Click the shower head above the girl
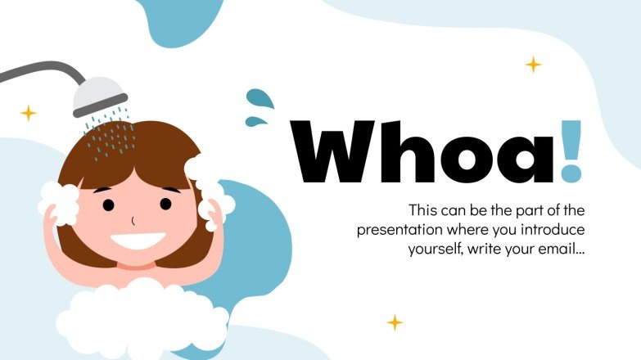[x=100, y=97]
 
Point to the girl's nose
[x=133, y=221]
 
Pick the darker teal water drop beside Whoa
[x=261, y=100]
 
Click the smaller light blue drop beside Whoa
[x=257, y=123]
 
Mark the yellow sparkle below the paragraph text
[x=395, y=322]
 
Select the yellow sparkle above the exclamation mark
[x=534, y=64]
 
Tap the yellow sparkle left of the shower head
[x=29, y=113]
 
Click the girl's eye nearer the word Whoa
[x=166, y=204]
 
